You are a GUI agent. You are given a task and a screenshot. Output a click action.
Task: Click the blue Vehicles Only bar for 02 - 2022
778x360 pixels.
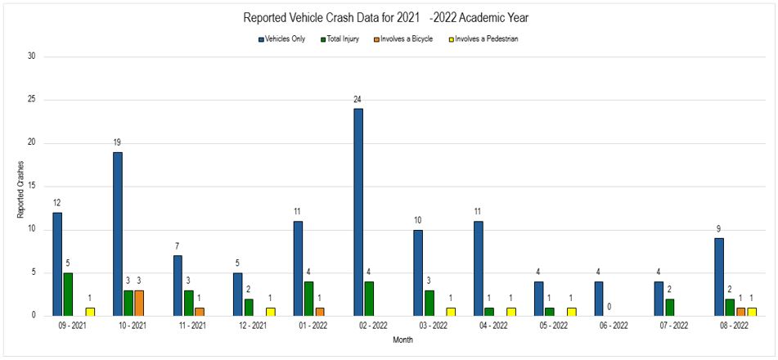pyautogui.click(x=358, y=212)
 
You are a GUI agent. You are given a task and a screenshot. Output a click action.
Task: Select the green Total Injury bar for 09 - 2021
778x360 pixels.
pyautogui.click(x=68, y=294)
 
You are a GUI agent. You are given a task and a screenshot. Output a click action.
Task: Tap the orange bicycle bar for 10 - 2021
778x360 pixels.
pyautogui.click(x=139, y=303)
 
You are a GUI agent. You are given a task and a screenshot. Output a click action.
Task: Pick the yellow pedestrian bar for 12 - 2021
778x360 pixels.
pyautogui.click(x=270, y=311)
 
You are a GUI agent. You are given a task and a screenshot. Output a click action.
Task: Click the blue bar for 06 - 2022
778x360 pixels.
pyautogui.click(x=599, y=299)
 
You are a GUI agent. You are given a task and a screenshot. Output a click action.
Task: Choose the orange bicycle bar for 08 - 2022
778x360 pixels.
pyautogui.click(x=740, y=311)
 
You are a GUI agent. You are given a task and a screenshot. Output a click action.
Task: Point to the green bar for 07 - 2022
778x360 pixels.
pyautogui.click(x=669, y=307)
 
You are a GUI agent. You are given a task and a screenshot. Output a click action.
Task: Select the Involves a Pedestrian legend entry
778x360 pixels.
pyautogui.click(x=483, y=38)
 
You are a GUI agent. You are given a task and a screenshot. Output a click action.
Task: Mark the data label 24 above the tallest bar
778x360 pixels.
pyautogui.click(x=358, y=100)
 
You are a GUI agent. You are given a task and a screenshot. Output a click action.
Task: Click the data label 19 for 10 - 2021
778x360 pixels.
pyautogui.click(x=117, y=142)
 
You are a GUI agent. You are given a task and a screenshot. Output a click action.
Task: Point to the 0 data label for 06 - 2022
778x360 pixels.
pyautogui.click(x=609, y=307)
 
